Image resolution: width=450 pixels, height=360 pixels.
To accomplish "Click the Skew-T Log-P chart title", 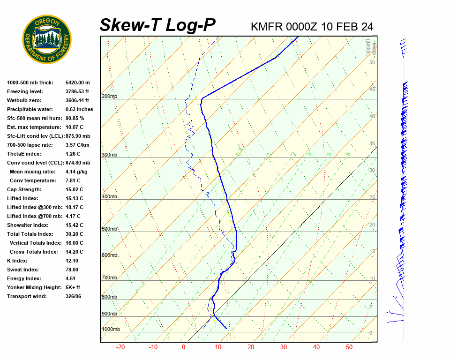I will (x=158, y=25).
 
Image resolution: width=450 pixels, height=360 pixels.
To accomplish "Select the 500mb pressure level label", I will (x=110, y=229).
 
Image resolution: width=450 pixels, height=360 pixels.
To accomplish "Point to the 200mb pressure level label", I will (x=110, y=97).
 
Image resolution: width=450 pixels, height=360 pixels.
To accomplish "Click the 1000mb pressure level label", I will (x=111, y=330).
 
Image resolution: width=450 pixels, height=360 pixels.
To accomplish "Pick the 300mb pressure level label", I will (x=110, y=155).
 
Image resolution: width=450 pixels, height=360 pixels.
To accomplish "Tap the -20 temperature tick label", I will (x=120, y=347).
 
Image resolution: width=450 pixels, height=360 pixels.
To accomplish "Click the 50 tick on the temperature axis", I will (x=349, y=347).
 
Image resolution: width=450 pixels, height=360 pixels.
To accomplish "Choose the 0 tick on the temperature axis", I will (x=184, y=347).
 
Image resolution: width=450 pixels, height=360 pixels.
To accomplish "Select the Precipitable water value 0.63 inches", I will (x=79, y=110).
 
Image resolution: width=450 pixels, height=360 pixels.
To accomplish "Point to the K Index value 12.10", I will (x=73, y=261).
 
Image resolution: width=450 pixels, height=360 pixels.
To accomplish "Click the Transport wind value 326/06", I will (x=74, y=297).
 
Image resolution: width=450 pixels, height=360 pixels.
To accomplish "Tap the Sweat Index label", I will (x=22, y=270).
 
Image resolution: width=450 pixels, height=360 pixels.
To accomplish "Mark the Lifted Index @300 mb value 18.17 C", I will (x=75, y=208).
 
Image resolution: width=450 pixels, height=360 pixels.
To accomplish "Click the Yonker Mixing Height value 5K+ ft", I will (x=73, y=288).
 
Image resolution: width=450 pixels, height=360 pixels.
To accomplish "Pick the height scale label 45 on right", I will (x=372, y=89).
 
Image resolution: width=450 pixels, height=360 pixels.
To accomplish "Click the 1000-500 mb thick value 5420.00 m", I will (x=78, y=83).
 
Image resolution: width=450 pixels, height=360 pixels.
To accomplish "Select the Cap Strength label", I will (x=24, y=190).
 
